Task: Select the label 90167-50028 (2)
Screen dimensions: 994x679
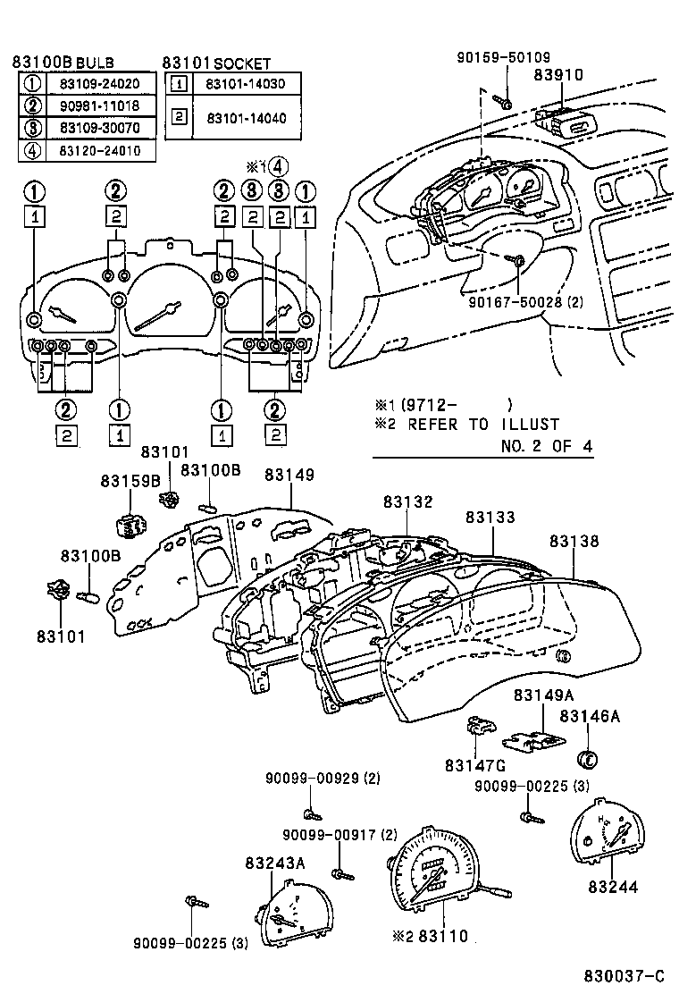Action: (x=525, y=302)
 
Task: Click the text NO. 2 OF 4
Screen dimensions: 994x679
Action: (x=546, y=445)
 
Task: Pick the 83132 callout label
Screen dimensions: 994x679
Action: (x=408, y=502)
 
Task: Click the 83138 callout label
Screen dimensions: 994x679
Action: (x=574, y=542)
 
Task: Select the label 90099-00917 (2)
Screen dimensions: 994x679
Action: (x=339, y=835)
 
